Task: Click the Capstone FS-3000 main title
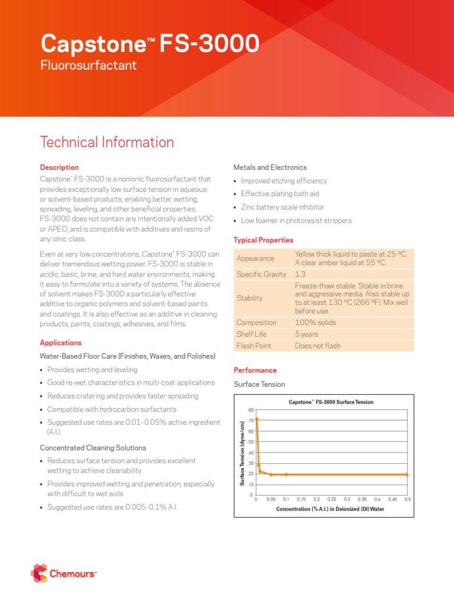tap(149, 44)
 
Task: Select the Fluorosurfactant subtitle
tap(88, 66)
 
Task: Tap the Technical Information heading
tap(107, 142)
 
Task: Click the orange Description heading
tap(59, 168)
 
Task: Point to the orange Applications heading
tap(61, 343)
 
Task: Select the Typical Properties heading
tap(264, 240)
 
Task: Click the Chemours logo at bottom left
tap(63, 573)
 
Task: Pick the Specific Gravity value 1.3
tap(300, 274)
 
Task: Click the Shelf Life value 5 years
tap(306, 334)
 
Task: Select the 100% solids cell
tap(314, 323)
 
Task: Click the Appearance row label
tap(255, 259)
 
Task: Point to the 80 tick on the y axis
tap(251, 409)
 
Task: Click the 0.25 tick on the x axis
tap(332, 499)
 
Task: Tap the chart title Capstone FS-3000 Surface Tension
tap(331, 402)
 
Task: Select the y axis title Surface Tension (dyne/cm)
tap(242, 453)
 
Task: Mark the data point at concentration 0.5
tap(407, 474)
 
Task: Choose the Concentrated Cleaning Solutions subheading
tap(93, 448)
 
